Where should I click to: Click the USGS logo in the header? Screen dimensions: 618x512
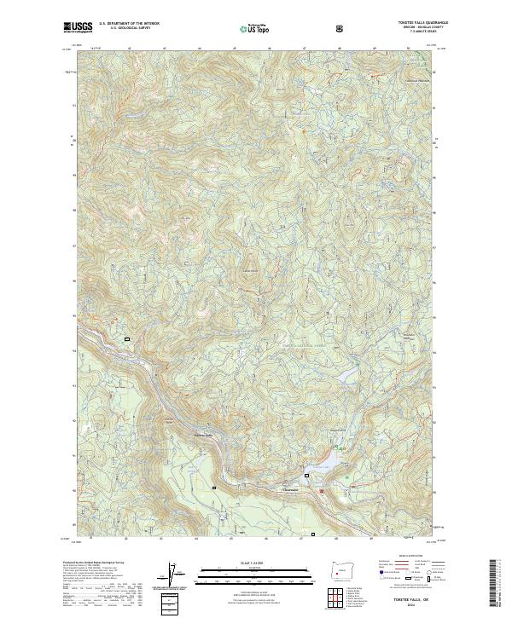(x=78, y=27)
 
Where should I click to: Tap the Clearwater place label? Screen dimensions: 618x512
(x=291, y=489)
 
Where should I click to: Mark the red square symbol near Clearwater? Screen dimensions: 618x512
(x=321, y=490)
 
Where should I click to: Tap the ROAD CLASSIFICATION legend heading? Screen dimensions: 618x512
(x=405, y=555)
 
